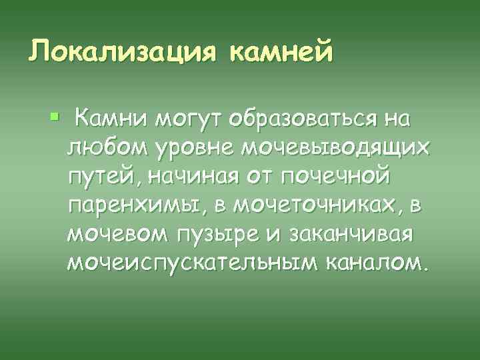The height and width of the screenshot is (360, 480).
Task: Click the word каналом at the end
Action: [x=379, y=265]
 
